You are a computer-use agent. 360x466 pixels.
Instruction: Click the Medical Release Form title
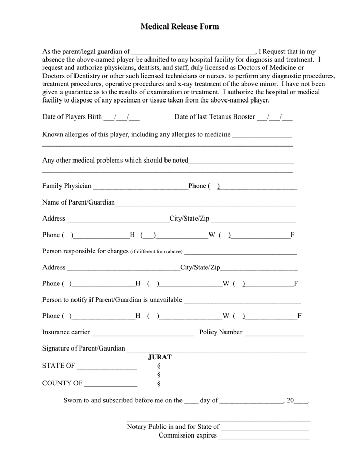coord(179,26)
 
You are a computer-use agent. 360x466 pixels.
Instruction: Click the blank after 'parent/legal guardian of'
coord(193,52)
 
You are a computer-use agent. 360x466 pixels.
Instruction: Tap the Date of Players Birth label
coord(72,117)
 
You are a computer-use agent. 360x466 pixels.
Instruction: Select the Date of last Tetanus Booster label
coord(215,117)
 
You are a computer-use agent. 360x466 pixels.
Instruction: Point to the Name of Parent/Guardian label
coord(79,202)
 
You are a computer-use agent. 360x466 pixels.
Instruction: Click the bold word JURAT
coord(160,357)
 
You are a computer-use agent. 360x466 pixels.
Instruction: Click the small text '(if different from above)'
coord(156,252)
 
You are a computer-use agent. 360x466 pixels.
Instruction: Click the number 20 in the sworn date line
coord(290,400)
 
